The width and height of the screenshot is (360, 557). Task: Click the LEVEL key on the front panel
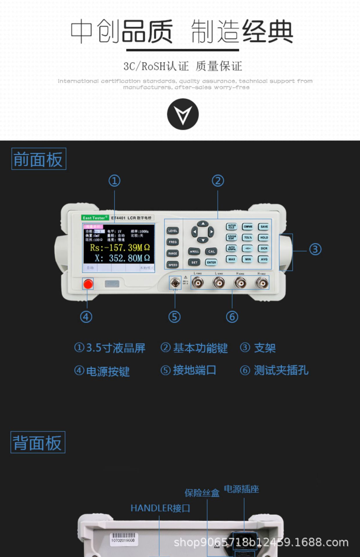[173, 231]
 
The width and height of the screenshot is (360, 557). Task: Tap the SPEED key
[173, 265]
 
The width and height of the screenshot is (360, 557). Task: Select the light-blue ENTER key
[211, 263]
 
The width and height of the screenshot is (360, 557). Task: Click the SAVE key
[264, 227]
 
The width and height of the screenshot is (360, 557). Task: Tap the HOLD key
[264, 238]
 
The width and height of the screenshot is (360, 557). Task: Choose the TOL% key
[248, 238]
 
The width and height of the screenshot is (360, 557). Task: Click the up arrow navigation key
[203, 224]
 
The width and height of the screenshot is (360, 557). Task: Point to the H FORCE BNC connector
[262, 283]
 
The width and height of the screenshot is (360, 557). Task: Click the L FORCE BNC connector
[198, 283]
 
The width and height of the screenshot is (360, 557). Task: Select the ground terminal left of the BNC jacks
[175, 283]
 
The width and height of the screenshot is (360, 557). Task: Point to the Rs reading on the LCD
[120, 248]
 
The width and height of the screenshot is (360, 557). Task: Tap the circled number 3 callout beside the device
[315, 249]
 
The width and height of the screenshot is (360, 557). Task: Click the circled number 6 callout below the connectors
[232, 317]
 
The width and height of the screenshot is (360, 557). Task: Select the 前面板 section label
[39, 159]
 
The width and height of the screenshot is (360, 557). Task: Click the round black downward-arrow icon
[183, 114]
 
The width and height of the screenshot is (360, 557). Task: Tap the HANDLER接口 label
[160, 508]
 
